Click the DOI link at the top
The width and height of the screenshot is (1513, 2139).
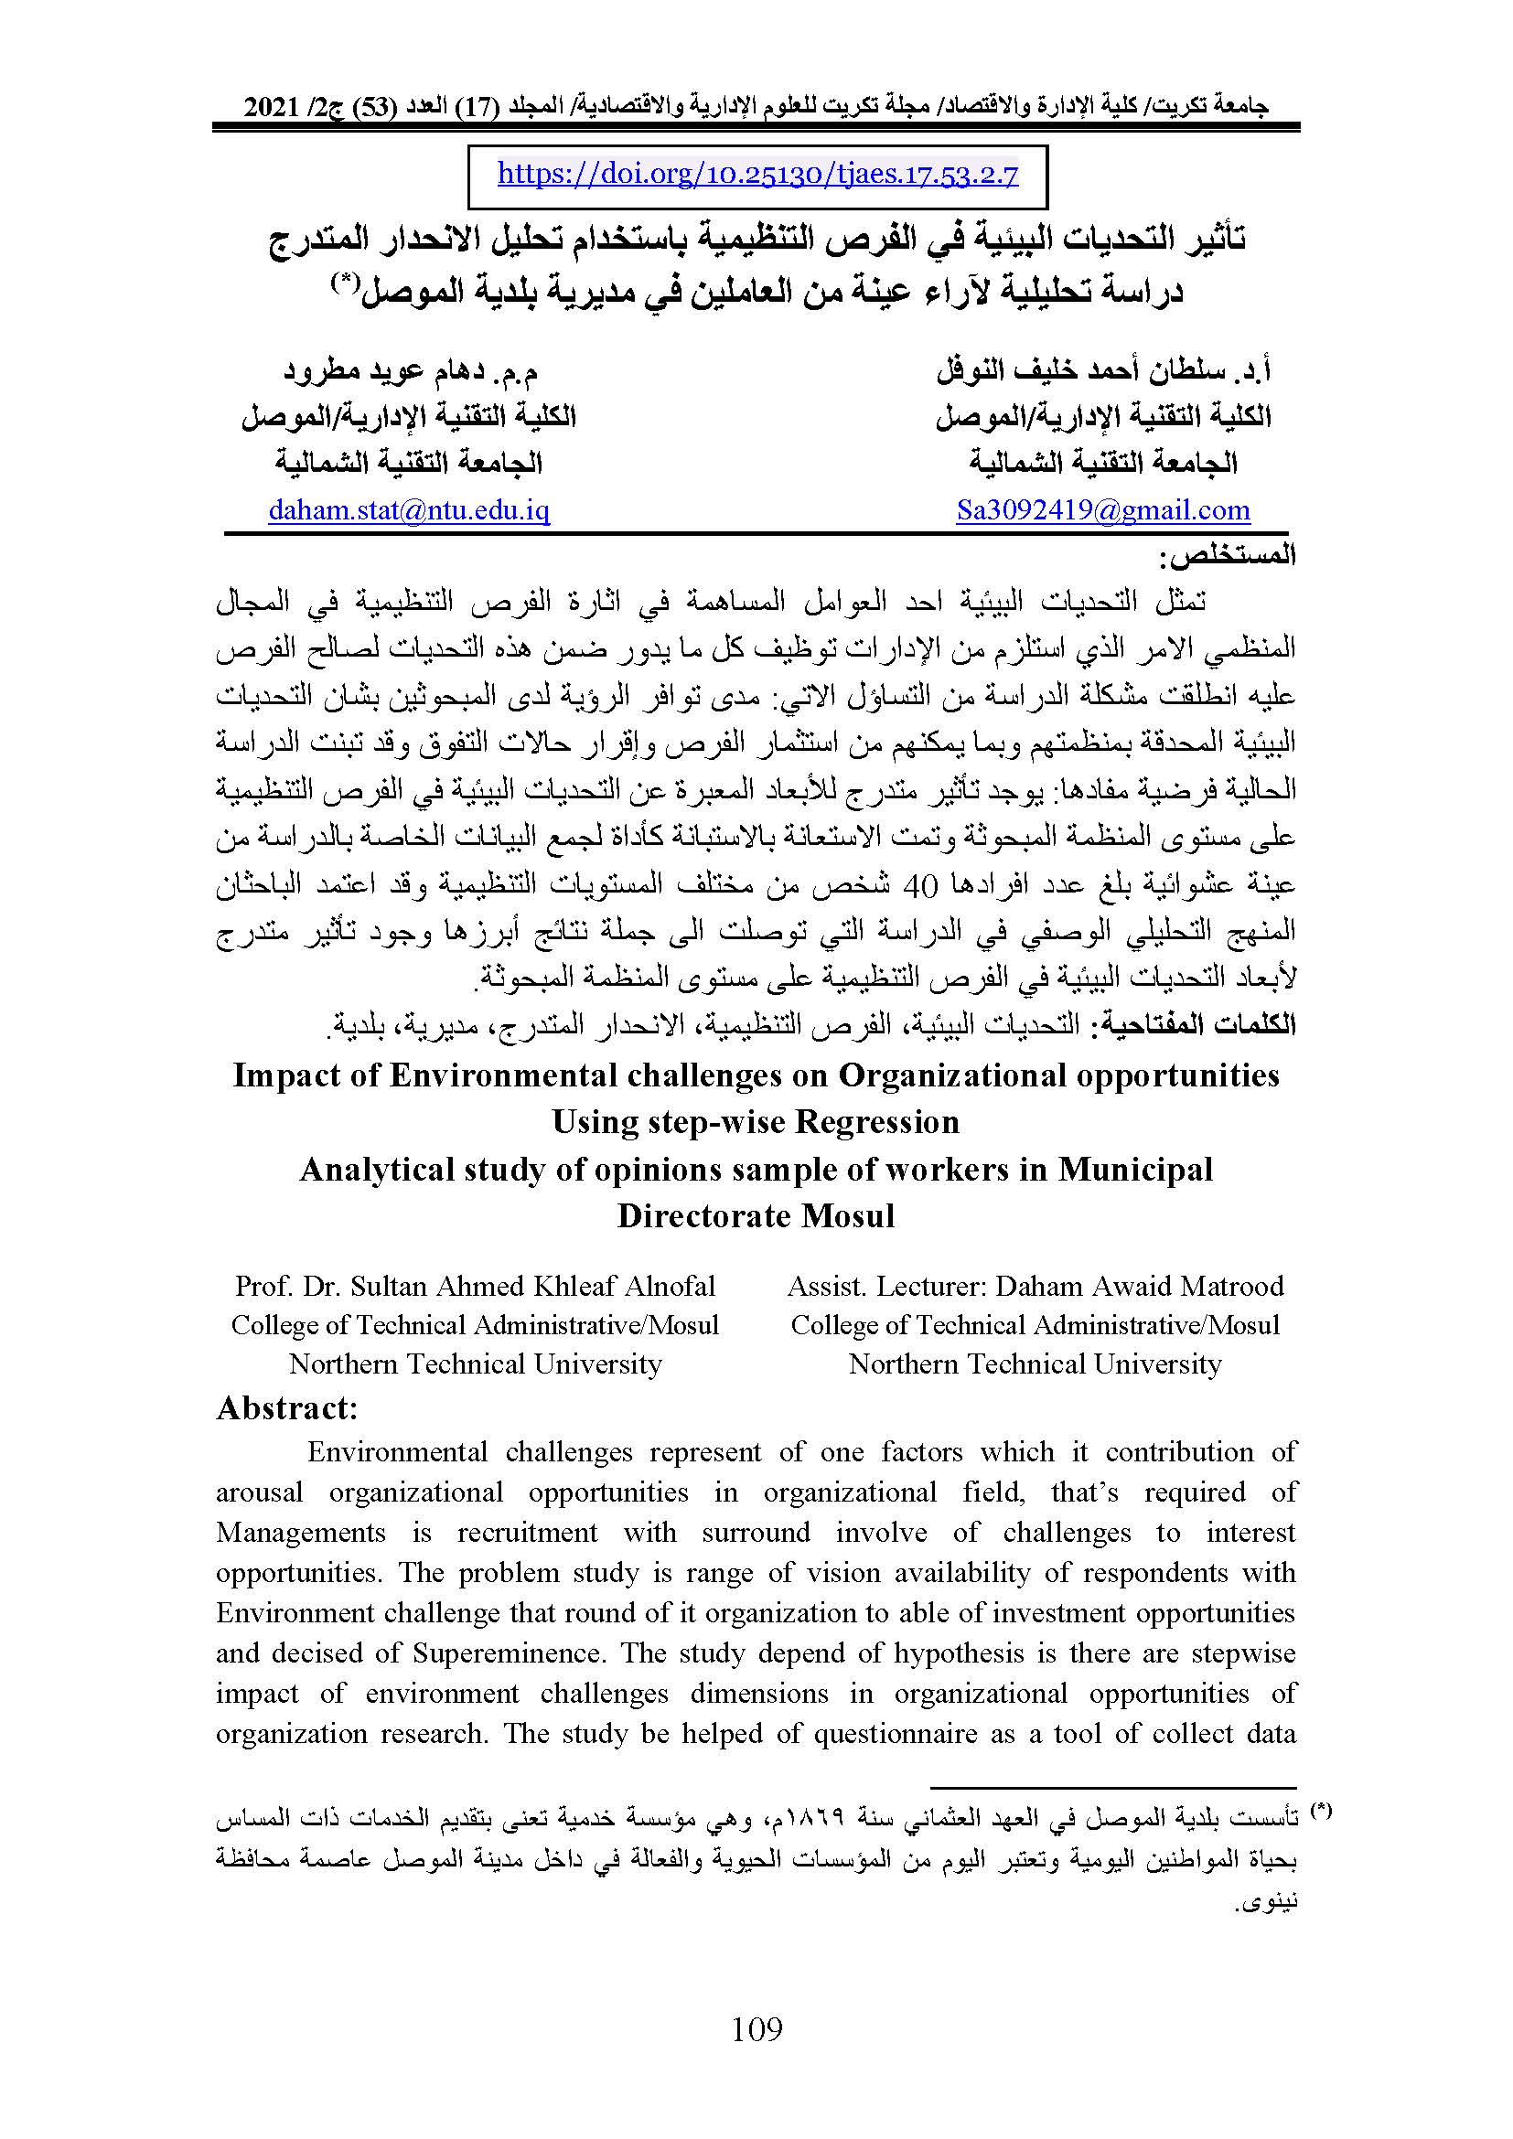(757, 175)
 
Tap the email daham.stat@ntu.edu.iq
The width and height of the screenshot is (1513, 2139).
(409, 510)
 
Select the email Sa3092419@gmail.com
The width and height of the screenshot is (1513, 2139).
(1103, 510)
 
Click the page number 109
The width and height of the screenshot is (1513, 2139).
(757, 2028)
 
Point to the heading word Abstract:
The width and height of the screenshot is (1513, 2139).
(287, 1407)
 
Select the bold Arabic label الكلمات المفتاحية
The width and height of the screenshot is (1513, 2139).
(1201, 1025)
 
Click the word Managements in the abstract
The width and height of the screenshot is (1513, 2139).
(301, 1533)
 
